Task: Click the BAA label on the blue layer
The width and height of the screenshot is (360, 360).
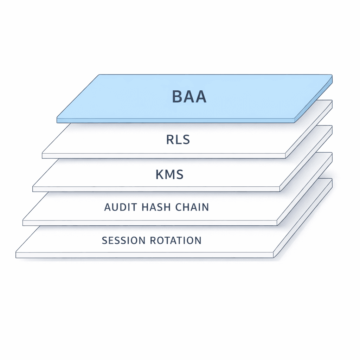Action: click(189, 97)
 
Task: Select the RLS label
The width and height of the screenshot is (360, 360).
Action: click(178, 140)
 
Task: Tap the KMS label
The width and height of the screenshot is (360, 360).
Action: click(169, 174)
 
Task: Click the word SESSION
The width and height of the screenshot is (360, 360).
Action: click(123, 240)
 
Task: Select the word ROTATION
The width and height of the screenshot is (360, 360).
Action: click(175, 240)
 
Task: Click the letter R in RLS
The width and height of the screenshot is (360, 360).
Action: click(170, 140)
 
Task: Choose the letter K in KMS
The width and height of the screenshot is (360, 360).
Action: click(160, 174)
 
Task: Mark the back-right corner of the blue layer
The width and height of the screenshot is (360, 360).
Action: click(332, 75)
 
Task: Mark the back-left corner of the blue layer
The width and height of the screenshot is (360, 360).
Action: click(99, 75)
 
